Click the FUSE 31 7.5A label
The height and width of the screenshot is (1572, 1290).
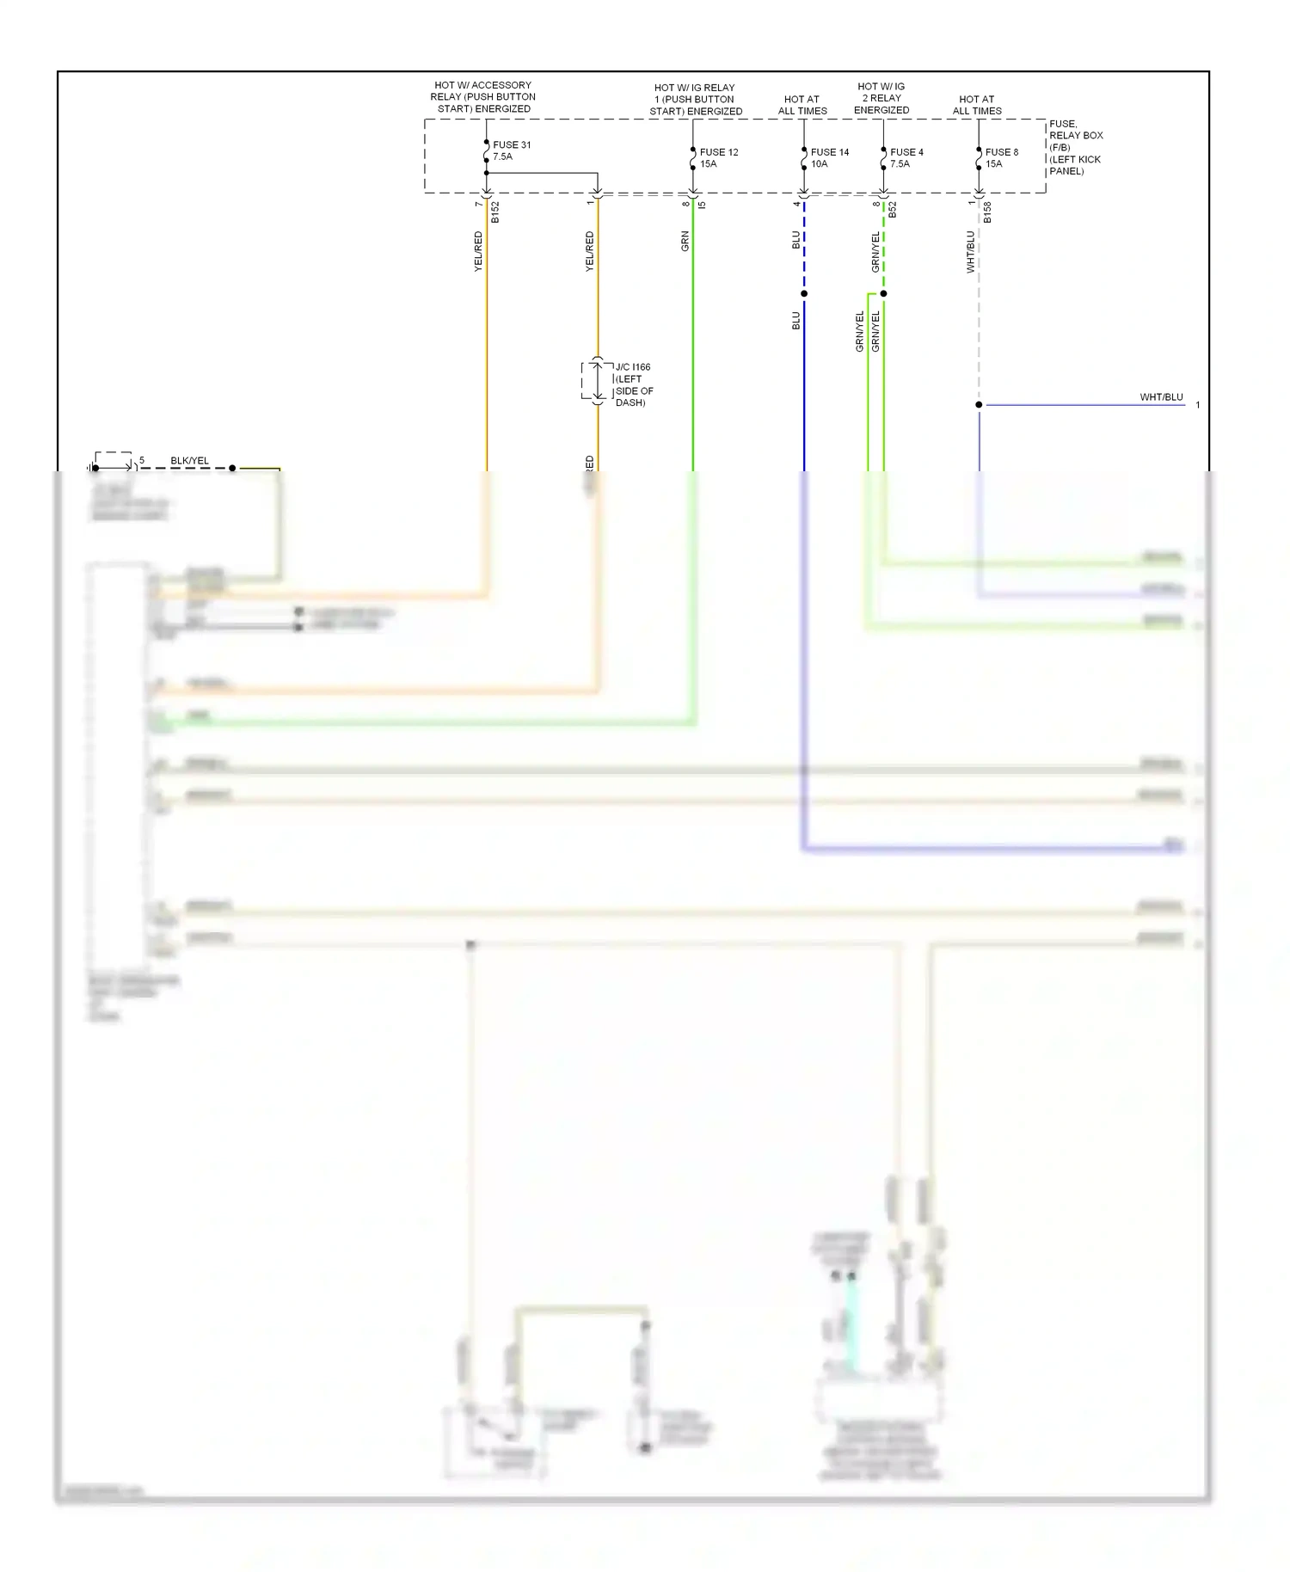pyautogui.click(x=511, y=150)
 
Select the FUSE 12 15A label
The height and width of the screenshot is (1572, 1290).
pyautogui.click(x=718, y=157)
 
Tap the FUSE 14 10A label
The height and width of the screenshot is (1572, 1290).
pyautogui.click(x=829, y=157)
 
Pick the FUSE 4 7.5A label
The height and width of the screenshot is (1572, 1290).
pyautogui.click(x=906, y=157)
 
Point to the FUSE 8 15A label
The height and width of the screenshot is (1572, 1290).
pyautogui.click(x=1001, y=157)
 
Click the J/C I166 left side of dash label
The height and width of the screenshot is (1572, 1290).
pyautogui.click(x=634, y=384)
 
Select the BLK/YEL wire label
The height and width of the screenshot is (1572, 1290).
pyautogui.click(x=189, y=461)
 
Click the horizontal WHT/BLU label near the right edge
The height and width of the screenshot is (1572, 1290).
pyautogui.click(x=1161, y=397)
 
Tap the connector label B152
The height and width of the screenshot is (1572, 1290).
pyautogui.click(x=495, y=212)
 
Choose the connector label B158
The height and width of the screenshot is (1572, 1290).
pyautogui.click(x=987, y=212)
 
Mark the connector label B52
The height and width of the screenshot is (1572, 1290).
pyautogui.click(x=893, y=210)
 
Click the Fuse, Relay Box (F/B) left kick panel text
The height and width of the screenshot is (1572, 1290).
pyautogui.click(x=1075, y=147)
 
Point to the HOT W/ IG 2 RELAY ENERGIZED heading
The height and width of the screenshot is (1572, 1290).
pyautogui.click(x=881, y=98)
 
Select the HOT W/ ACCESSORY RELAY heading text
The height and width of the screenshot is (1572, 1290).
pyautogui.click(x=483, y=97)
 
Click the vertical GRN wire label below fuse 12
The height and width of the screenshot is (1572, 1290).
pyautogui.click(x=685, y=241)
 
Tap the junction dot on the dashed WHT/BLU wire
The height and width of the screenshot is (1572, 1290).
pyautogui.click(x=979, y=404)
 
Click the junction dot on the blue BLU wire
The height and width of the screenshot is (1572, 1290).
pyautogui.click(x=804, y=294)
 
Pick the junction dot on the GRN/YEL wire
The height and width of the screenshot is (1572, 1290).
pyautogui.click(x=883, y=294)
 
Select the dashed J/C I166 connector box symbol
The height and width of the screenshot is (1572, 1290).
pyautogui.click(x=597, y=381)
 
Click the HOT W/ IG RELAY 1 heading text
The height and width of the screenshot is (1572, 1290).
pyautogui.click(x=695, y=99)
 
